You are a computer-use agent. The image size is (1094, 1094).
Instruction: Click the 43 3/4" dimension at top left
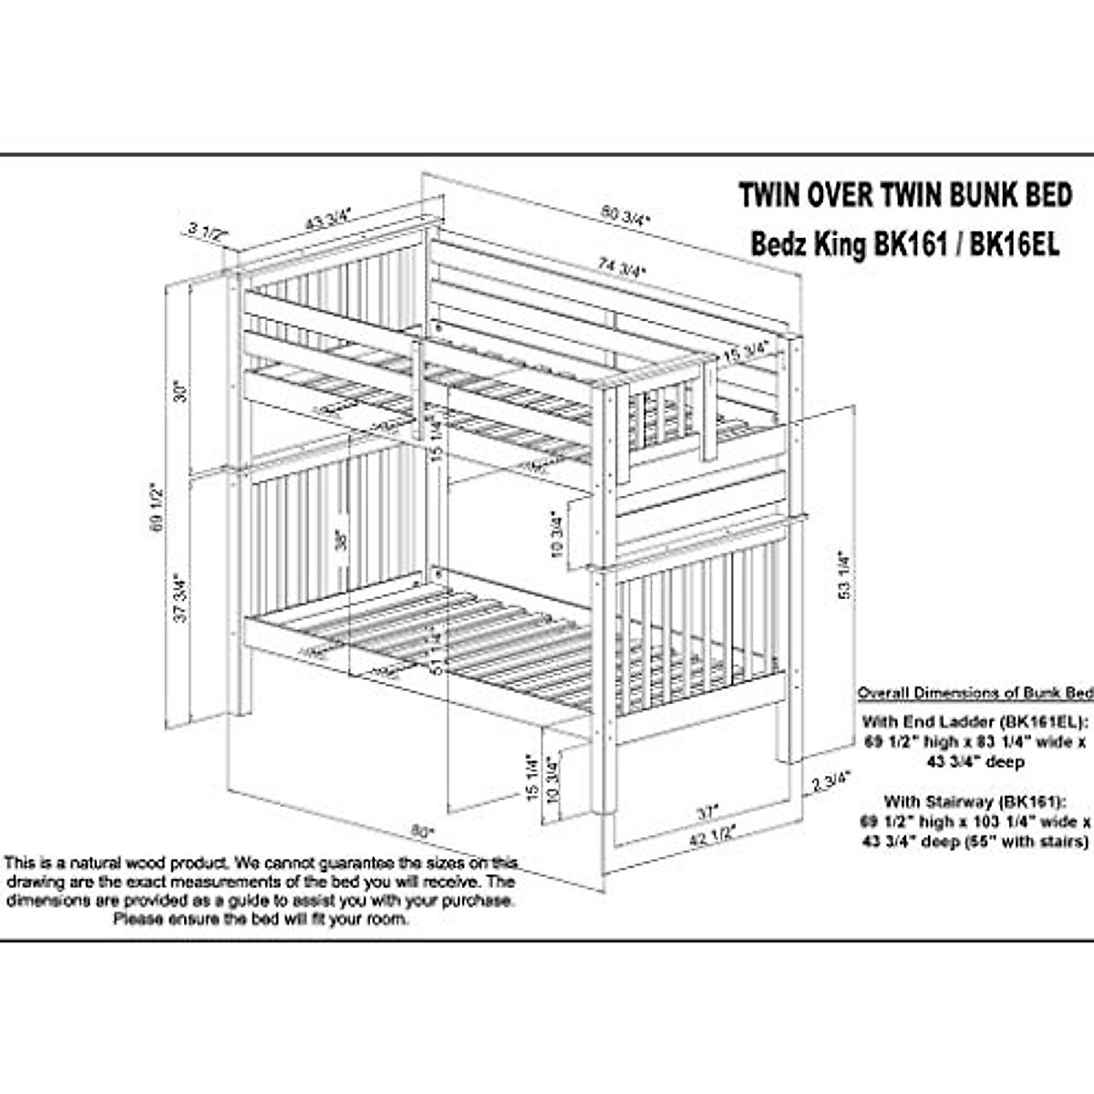[327, 219]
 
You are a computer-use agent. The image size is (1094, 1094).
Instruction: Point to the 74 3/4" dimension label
[622, 268]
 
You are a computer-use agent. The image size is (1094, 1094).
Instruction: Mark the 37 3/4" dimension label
[181, 597]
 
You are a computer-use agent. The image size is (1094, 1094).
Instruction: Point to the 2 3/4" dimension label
[831, 780]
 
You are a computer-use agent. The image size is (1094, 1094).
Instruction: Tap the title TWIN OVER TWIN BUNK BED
[903, 195]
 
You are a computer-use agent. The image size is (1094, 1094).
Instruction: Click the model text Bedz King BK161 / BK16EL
[903, 244]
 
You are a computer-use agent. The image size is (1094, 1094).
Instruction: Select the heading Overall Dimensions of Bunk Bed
[974, 693]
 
